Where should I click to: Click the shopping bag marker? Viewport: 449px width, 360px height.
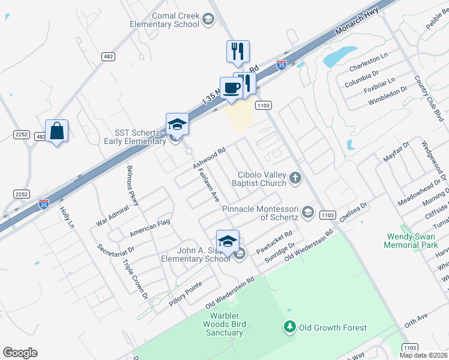[x=56, y=131]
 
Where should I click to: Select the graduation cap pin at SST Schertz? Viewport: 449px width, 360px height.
[x=177, y=124]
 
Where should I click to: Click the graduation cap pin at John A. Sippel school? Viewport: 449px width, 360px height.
[x=228, y=241]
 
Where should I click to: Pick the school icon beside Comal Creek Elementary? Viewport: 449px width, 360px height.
[x=208, y=20]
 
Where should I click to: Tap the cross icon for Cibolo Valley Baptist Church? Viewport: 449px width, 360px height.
[x=295, y=177]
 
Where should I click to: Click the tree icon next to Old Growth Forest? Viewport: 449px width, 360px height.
[x=290, y=328]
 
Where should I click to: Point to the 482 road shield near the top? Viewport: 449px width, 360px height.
[x=108, y=56]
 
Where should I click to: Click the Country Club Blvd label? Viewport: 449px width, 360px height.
[x=427, y=98]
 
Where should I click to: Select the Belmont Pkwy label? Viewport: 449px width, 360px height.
[x=133, y=186]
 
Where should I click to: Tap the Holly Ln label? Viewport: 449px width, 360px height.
[x=66, y=218]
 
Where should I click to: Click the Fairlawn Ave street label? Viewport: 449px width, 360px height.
[x=207, y=184]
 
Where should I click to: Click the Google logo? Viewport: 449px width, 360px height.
[x=20, y=353]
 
